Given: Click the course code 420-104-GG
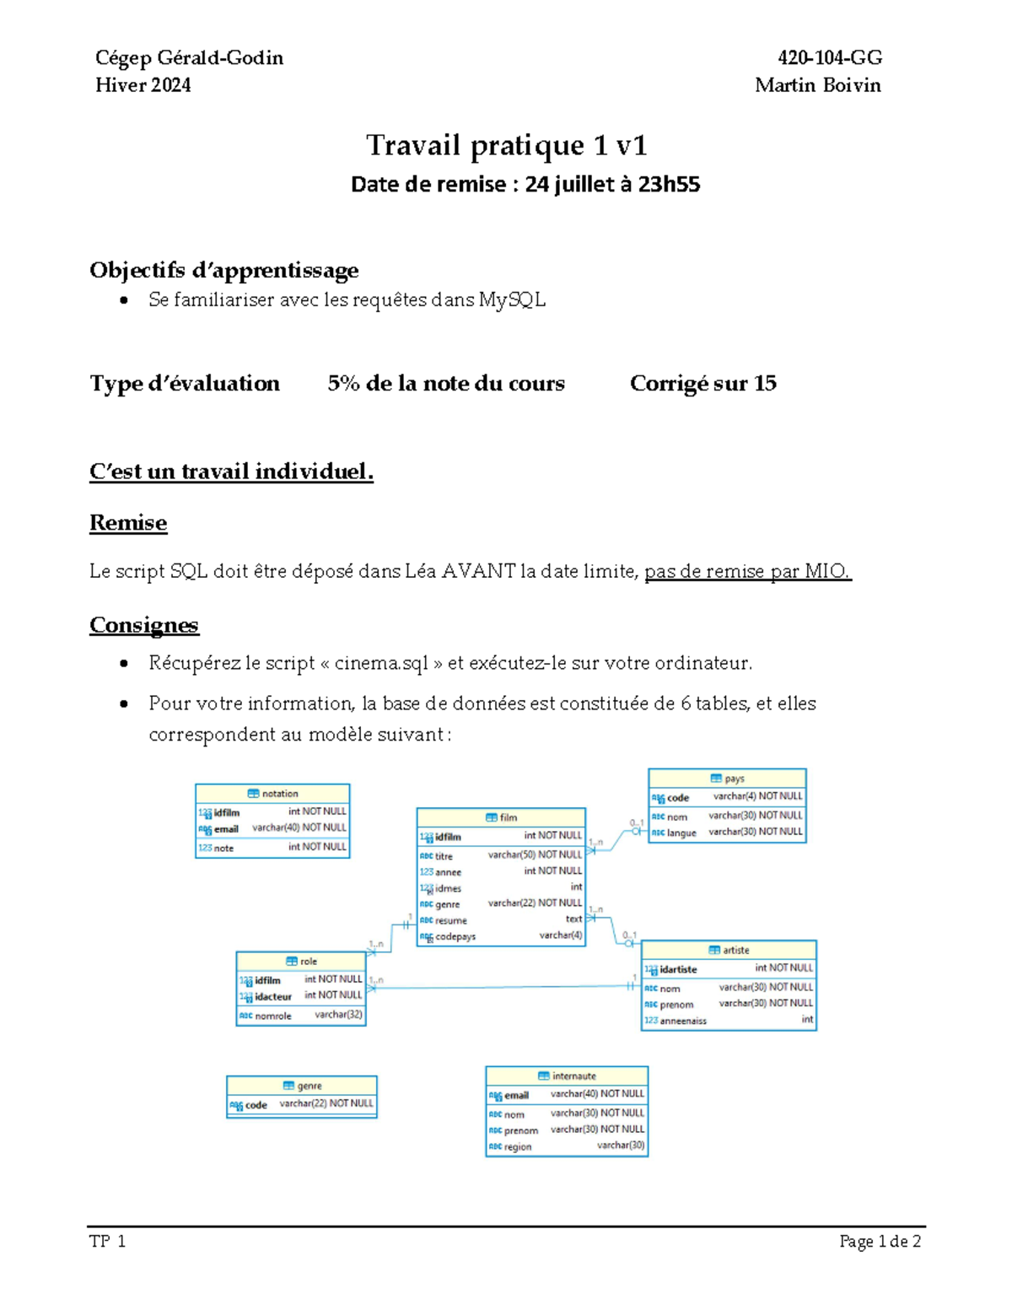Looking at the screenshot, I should [x=830, y=57].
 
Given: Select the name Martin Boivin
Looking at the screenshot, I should [x=817, y=85].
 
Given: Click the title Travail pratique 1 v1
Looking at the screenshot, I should [x=506, y=145].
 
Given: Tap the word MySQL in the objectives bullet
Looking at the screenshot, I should [x=512, y=299].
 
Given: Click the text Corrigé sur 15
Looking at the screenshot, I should [x=702, y=383].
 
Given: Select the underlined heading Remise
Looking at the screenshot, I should [x=128, y=523].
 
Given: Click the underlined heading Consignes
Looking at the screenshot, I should [x=144, y=625].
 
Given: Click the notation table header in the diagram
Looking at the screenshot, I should [x=272, y=794].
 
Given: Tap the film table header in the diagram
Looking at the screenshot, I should [x=501, y=817].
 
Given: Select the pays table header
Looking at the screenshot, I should [x=727, y=779].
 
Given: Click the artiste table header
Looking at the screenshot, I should [x=729, y=950].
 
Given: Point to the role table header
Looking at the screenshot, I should [x=301, y=961].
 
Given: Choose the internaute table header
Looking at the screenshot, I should [x=567, y=1075].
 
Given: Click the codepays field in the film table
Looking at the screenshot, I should [x=455, y=936].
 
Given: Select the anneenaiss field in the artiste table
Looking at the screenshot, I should [x=683, y=1021].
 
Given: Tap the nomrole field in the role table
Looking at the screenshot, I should [x=272, y=1016].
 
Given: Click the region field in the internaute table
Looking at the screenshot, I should [x=517, y=1146].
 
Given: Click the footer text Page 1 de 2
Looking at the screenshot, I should [x=880, y=1241].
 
